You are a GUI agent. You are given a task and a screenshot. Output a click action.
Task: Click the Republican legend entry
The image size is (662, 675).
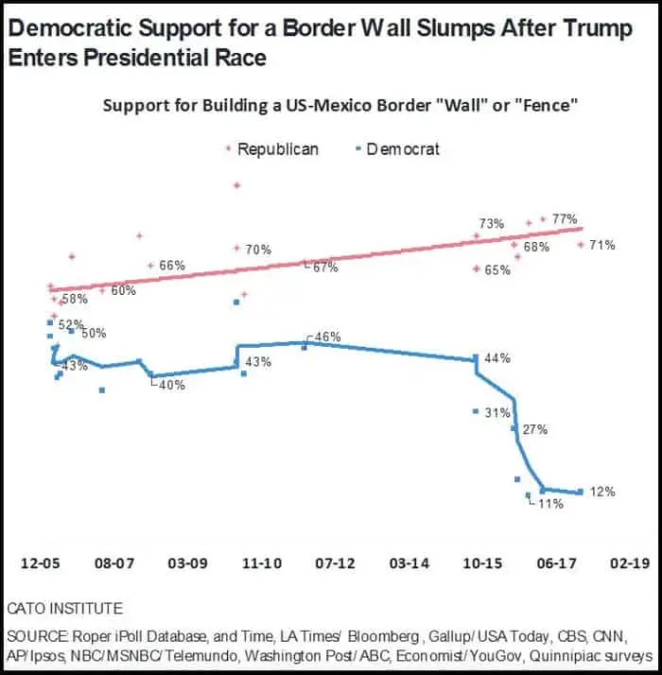[277, 148]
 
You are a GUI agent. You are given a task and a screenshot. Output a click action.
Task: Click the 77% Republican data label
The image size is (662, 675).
[565, 218]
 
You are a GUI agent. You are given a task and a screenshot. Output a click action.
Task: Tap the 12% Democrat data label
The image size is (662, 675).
[602, 492]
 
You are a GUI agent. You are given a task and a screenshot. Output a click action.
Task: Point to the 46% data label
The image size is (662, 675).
[326, 337]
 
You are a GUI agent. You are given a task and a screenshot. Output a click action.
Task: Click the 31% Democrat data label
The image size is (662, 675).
[496, 412]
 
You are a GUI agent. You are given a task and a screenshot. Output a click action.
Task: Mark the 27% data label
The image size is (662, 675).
[535, 429]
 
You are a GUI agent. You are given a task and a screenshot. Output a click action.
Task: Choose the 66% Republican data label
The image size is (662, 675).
[171, 266]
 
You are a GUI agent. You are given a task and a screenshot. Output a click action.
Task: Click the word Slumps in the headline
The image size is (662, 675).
[379, 28]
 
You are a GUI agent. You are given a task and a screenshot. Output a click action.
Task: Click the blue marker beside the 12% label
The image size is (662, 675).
[580, 492]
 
